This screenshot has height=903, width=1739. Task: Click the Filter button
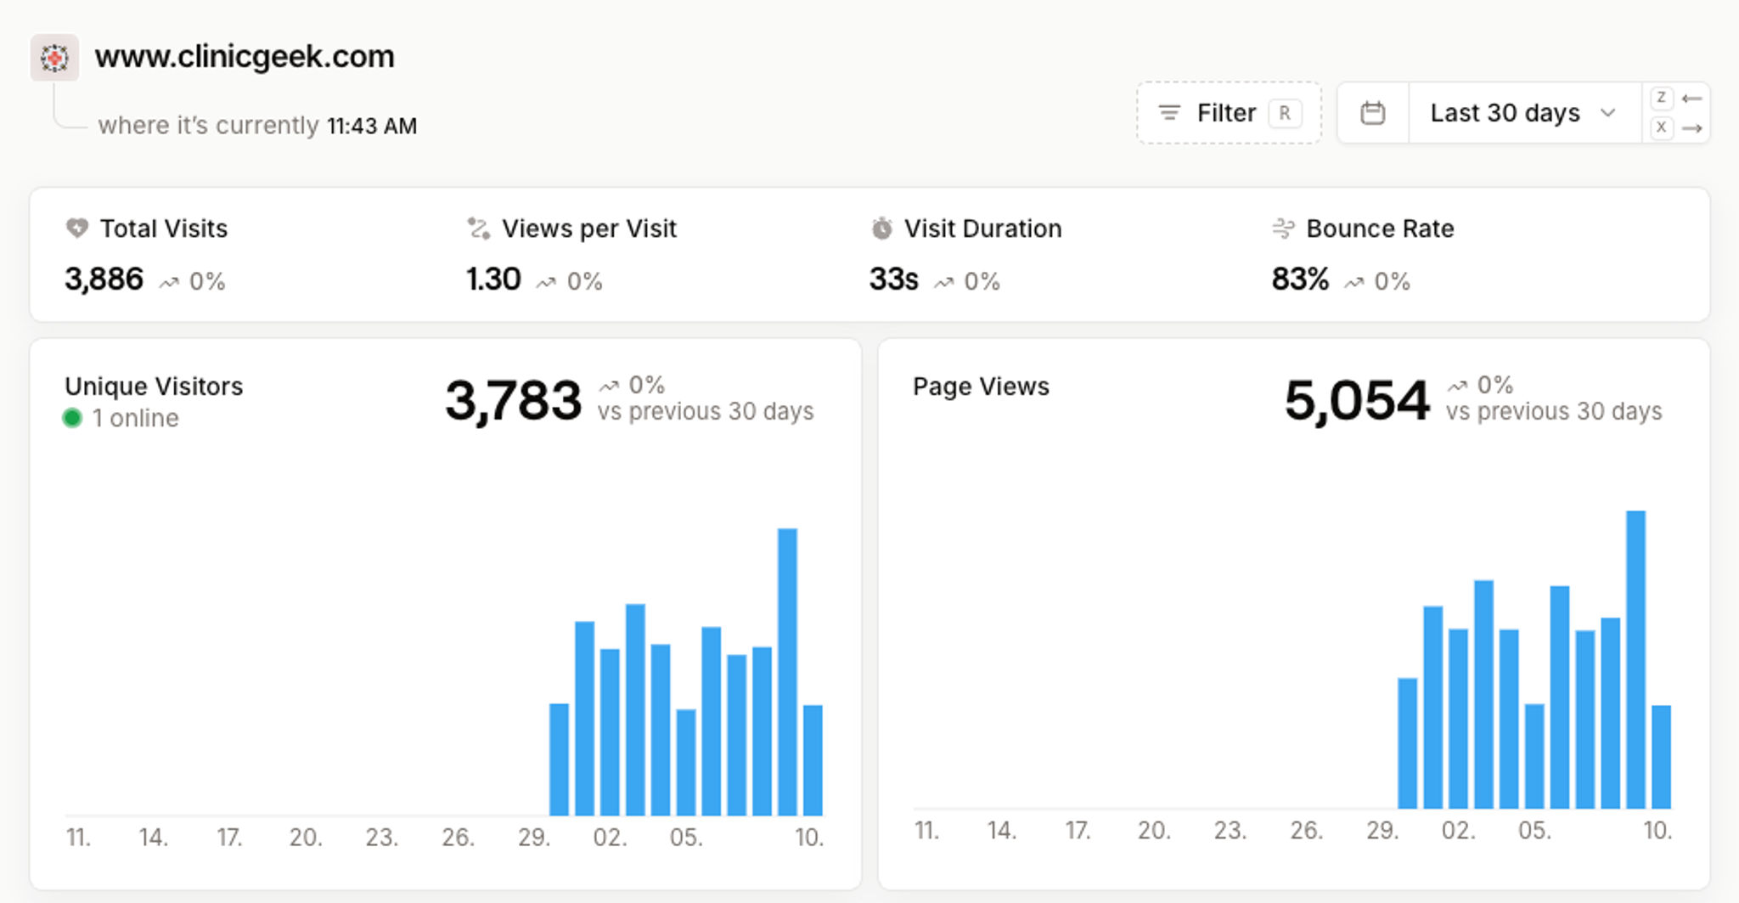coord(1228,113)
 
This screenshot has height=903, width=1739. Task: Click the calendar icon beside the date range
coord(1372,113)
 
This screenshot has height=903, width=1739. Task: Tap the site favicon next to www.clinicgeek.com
coord(54,58)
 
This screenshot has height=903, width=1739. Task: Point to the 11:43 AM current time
coord(372,127)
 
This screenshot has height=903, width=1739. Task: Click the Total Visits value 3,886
coord(104,279)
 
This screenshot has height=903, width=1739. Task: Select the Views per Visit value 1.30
coord(493,279)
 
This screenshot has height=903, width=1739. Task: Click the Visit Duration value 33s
coord(893,279)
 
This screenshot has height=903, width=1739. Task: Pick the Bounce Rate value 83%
coord(1299,279)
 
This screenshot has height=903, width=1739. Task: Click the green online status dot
coord(72,418)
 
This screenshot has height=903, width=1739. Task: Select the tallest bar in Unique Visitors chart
coord(787,671)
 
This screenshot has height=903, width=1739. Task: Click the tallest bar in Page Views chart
coord(1635,659)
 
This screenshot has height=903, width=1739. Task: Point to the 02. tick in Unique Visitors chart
coord(610,838)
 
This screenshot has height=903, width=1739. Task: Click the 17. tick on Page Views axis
coord(1078,830)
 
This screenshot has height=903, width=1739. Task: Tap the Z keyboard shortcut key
coord(1661,98)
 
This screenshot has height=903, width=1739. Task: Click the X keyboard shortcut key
coord(1661,128)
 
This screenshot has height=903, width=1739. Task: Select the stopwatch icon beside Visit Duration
coord(882,229)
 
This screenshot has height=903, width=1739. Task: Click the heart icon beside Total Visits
coord(77,229)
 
